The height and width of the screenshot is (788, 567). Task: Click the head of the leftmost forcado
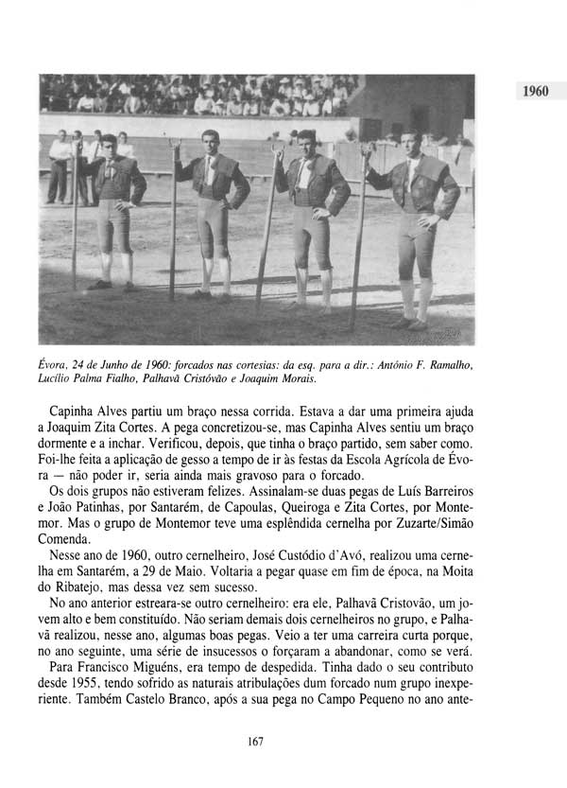coord(108,145)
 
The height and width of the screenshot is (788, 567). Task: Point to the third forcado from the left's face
coord(306,144)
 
